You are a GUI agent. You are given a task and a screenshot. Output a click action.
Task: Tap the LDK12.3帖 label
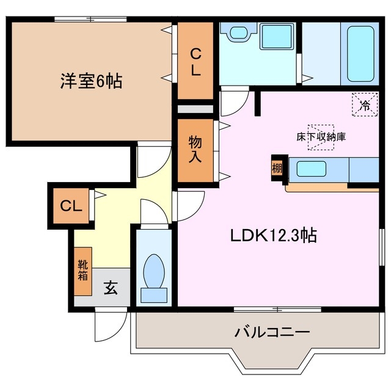click(x=273, y=235)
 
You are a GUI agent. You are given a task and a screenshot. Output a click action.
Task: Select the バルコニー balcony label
click(x=272, y=333)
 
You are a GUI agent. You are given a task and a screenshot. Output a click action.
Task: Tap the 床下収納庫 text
click(x=321, y=136)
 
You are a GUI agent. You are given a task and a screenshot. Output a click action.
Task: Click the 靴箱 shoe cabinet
click(x=83, y=269)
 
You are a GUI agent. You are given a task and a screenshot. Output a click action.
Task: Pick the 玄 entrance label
click(x=111, y=288)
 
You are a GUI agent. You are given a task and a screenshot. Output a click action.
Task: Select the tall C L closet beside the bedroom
click(x=195, y=61)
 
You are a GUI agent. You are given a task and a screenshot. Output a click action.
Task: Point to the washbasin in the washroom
click(x=238, y=33)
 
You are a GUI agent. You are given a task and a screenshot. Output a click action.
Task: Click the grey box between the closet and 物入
click(x=195, y=109)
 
